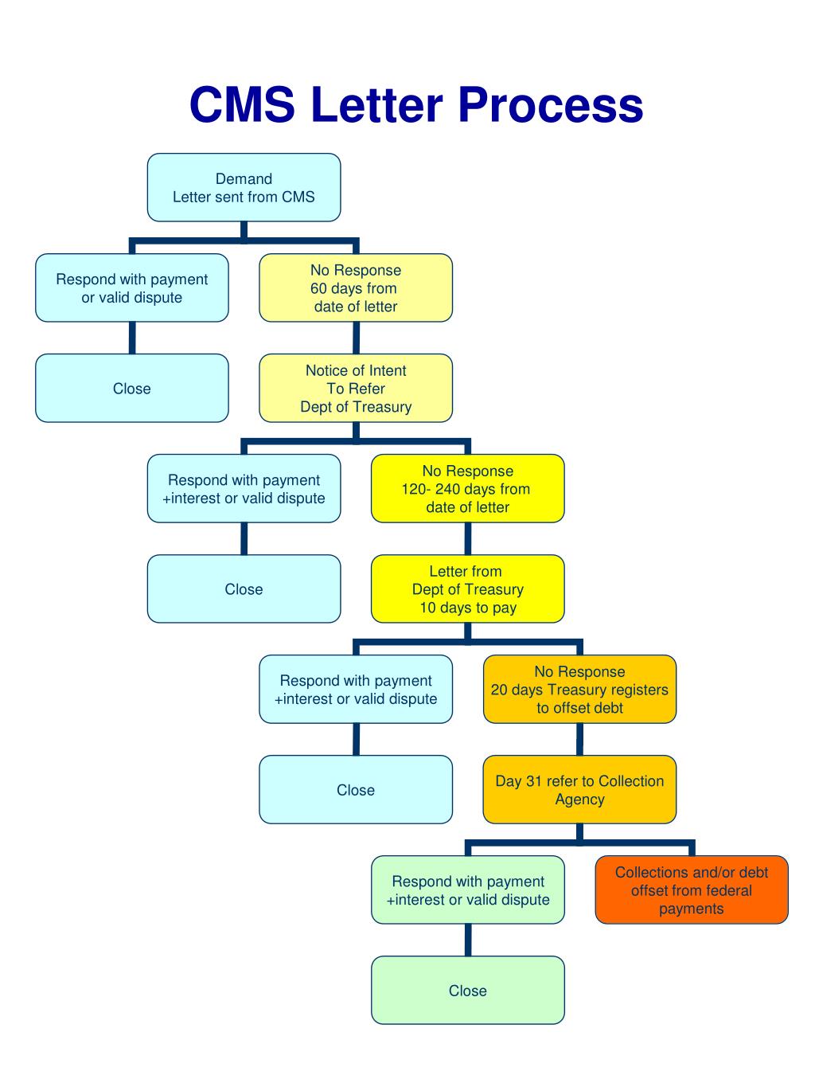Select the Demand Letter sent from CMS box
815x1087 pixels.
tap(244, 188)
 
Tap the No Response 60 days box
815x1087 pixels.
tap(356, 288)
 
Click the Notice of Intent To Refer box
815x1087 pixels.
tap(356, 389)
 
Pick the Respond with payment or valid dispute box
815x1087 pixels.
tap(132, 288)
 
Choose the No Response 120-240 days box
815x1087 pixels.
tap(467, 489)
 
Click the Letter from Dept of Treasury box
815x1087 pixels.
tap(467, 589)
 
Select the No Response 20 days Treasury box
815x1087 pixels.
tap(579, 690)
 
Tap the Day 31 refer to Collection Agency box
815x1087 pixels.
tap(579, 790)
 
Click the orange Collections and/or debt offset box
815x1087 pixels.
tap(691, 890)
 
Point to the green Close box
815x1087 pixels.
tap(467, 991)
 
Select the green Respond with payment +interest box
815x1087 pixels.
tap(467, 890)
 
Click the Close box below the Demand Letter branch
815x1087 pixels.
tap(132, 389)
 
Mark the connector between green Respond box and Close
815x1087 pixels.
tap(468, 940)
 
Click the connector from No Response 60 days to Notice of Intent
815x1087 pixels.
tap(356, 338)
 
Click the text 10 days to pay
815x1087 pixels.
tap(468, 608)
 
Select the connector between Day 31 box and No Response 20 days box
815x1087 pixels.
tap(579, 739)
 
